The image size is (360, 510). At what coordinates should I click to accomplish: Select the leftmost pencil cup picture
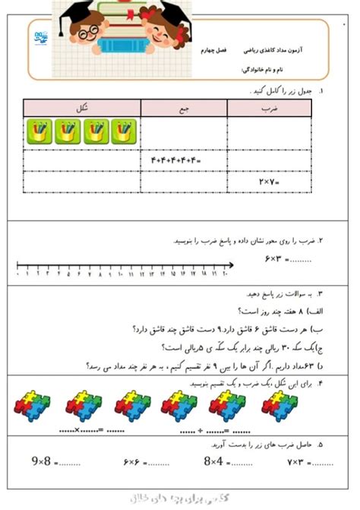pyautogui.click(x=40, y=131)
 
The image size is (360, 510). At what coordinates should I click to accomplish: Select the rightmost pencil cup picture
pyautogui.click(x=123, y=131)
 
